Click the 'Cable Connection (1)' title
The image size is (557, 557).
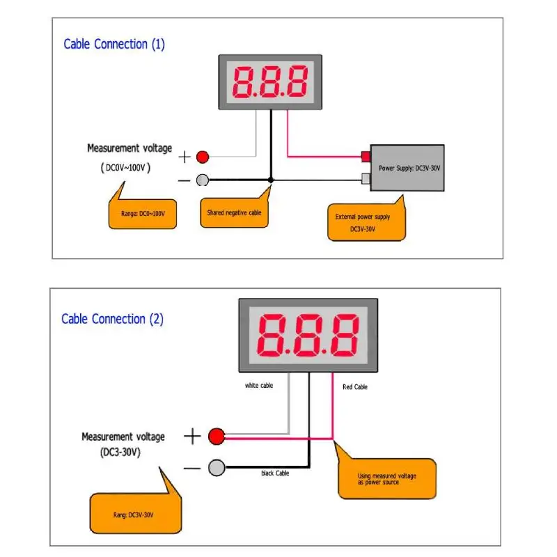coord(114,45)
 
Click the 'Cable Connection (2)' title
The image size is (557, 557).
coord(112,320)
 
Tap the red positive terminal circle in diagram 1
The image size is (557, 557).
coord(203,157)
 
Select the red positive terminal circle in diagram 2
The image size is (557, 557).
coord(216,437)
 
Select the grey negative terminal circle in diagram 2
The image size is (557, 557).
coord(217,468)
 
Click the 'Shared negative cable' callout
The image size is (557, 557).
coord(235,212)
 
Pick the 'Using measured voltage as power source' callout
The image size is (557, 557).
coord(387,479)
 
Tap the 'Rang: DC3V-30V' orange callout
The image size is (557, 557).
coord(134,514)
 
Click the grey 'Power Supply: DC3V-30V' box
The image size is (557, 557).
coord(407,168)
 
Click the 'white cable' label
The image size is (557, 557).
coord(259,386)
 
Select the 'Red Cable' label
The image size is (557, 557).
coord(355,387)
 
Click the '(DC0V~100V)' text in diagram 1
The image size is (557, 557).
coord(123,168)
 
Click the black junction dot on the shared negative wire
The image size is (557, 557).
coord(272,180)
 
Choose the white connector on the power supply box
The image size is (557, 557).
coord(365,180)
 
